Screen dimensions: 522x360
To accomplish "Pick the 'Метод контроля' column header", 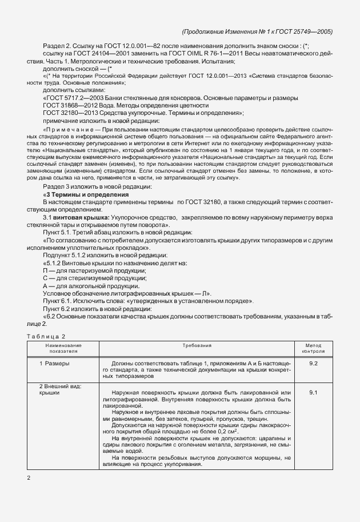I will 313,348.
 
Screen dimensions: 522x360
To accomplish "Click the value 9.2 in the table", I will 313,363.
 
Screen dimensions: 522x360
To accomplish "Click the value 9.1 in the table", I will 313,392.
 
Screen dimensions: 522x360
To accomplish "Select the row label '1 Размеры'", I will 55,363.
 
